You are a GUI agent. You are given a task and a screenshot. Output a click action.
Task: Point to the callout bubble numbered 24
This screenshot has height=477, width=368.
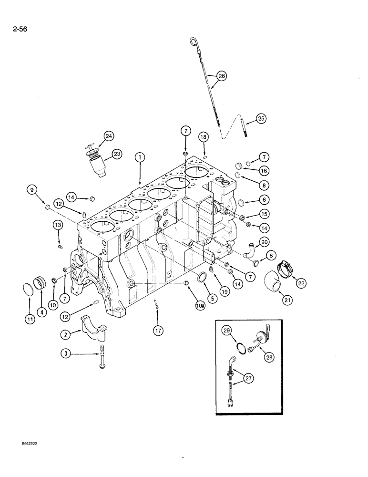pyautogui.click(x=109, y=136)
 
